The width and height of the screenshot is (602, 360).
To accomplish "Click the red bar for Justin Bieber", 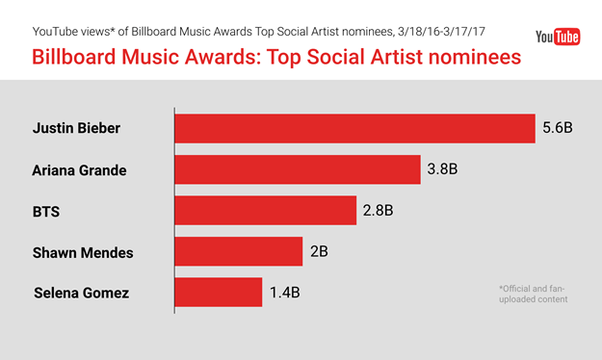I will (354, 128).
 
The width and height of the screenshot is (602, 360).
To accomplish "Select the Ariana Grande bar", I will (297, 169).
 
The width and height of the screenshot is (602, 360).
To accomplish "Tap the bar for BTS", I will (265, 211).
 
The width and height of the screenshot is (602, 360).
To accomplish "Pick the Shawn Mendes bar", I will (238, 251).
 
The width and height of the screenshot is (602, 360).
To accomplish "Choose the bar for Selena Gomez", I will (218, 293).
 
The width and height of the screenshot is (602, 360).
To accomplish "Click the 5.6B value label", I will (557, 128).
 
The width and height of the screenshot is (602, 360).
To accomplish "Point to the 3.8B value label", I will (442, 169).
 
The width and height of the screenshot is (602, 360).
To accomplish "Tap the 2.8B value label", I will (378, 211).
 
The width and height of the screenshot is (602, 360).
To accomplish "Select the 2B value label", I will (319, 252).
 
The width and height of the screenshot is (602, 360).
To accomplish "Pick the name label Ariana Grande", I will (79, 169).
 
